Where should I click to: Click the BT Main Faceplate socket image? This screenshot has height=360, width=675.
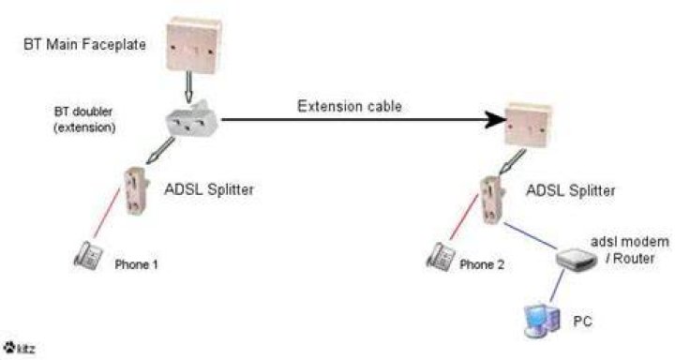click(x=194, y=45)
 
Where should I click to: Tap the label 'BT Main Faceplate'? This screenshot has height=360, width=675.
click(x=84, y=44)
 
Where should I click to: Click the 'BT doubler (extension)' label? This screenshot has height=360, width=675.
click(x=84, y=120)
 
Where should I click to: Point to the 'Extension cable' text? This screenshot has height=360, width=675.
click(x=350, y=106)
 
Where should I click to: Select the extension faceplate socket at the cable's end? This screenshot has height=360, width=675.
click(x=528, y=125)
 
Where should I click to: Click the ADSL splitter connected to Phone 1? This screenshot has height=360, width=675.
click(x=137, y=190)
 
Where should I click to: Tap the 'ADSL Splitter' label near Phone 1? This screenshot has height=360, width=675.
click(x=209, y=189)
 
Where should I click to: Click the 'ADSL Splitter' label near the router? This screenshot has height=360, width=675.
click(x=570, y=190)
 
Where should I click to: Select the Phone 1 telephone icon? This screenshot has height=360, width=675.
click(x=89, y=255)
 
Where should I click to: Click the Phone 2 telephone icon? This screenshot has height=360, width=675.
click(x=441, y=256)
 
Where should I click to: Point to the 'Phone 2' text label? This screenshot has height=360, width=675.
click(x=482, y=264)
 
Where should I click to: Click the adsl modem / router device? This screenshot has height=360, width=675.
click(x=576, y=260)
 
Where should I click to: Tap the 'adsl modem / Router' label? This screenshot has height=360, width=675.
click(x=630, y=249)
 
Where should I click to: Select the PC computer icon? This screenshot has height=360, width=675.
click(x=543, y=321)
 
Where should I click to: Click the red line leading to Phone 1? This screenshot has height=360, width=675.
click(x=107, y=213)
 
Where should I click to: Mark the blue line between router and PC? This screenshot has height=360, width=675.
click(x=557, y=286)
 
